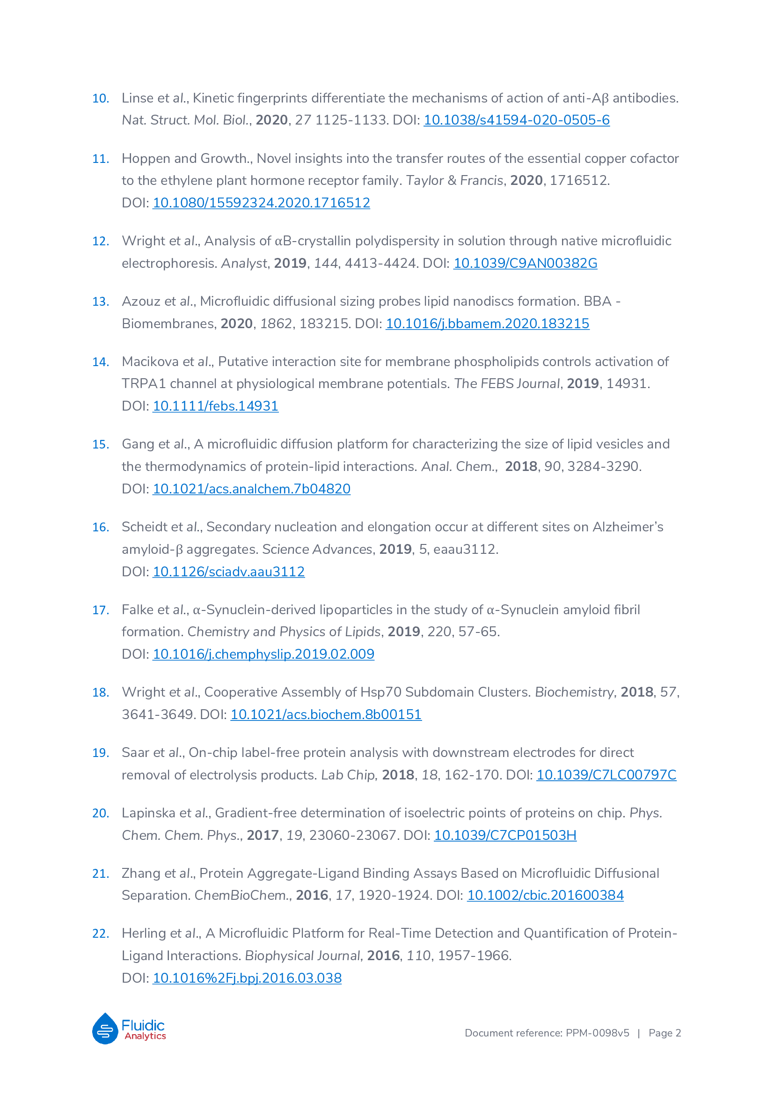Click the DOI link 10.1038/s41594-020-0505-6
(516, 120)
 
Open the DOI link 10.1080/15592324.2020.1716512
(261, 203)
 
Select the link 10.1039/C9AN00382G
(525, 263)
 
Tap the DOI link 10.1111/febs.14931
(215, 406)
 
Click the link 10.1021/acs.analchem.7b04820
(251, 489)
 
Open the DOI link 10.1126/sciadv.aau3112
(228, 572)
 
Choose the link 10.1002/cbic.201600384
(545, 896)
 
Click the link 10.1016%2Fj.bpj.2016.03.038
(247, 978)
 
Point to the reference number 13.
(101, 302)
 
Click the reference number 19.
(101, 753)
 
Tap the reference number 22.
(101, 934)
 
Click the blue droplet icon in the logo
(105, 1029)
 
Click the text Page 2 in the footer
(664, 1033)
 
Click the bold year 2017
(263, 836)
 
